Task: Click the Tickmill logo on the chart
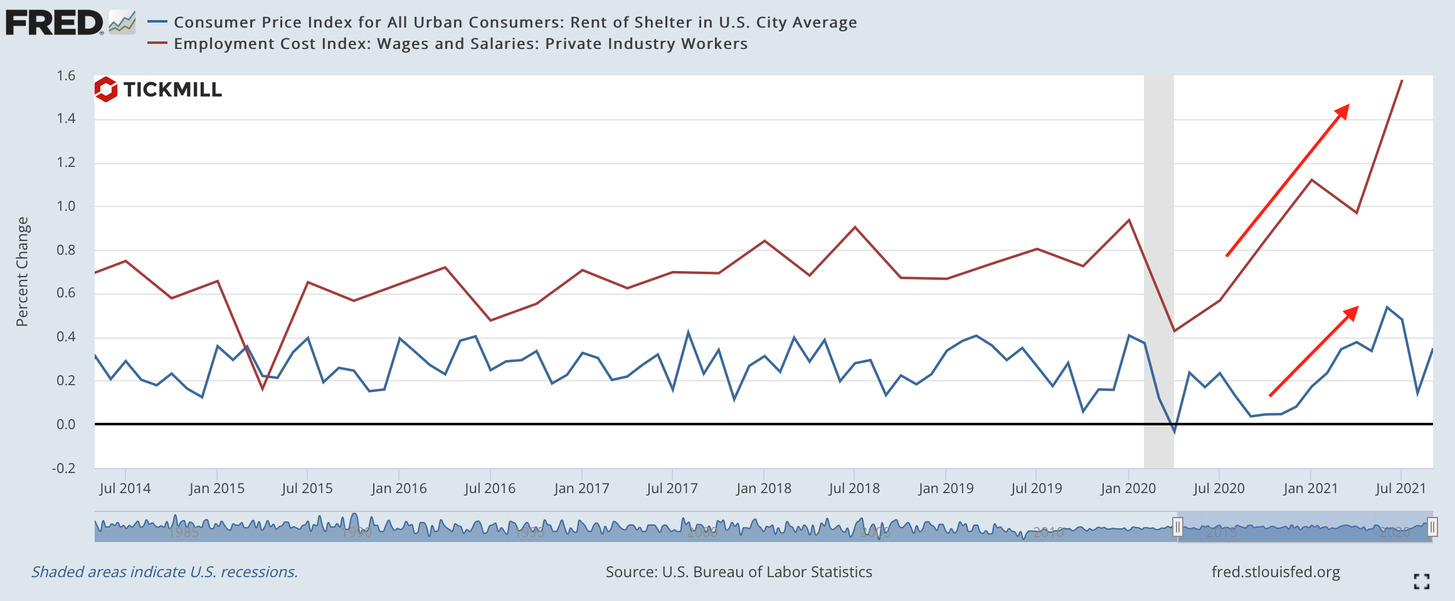159,90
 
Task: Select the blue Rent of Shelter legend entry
514,23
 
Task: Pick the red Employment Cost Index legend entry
460,44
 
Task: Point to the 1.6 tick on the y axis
66,76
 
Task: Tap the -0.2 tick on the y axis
63,469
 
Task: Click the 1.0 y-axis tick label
66,206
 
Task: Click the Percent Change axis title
22,272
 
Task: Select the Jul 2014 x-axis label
125,488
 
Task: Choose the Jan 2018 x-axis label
763,488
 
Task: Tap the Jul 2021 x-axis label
1400,488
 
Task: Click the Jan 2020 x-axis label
1128,488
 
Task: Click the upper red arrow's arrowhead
1343,111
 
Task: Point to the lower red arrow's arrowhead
1352,312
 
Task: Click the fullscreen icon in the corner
1422,582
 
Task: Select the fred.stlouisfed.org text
1275,572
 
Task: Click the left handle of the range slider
1177,527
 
